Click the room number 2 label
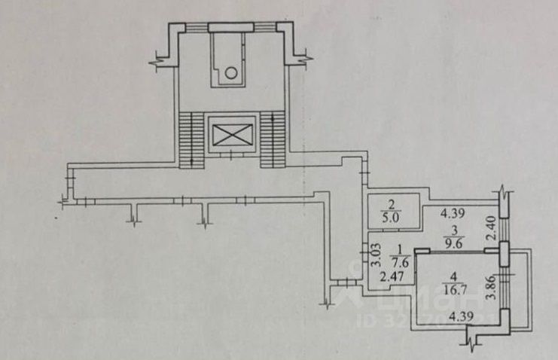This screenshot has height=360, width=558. pyautogui.click(x=391, y=203)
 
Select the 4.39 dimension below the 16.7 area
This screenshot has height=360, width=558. pyautogui.click(x=459, y=319)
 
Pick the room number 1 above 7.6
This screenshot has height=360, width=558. pyautogui.click(x=401, y=250)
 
